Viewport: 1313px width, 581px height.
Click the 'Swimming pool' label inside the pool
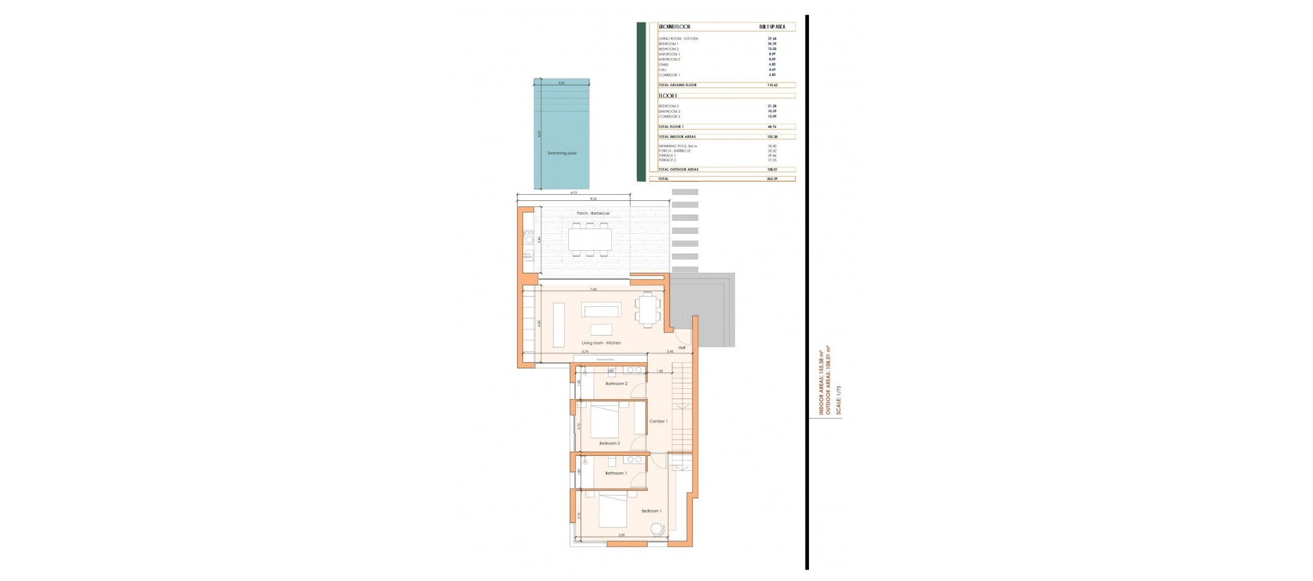[561, 153]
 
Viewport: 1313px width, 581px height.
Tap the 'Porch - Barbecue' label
[592, 213]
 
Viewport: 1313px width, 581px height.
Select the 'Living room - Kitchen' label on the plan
[601, 342]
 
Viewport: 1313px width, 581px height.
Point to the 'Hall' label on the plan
[682, 348]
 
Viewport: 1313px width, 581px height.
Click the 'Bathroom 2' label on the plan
[615, 383]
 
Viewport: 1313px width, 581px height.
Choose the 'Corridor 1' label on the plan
[658, 421]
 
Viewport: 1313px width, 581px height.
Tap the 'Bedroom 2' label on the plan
[609, 443]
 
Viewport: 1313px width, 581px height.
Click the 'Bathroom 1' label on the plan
[615, 473]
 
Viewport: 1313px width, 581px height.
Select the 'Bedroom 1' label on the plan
[651, 511]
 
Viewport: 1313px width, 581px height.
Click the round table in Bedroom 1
[657, 528]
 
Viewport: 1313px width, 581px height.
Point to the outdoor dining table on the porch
[590, 239]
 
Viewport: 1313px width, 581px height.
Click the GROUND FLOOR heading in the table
[674, 27]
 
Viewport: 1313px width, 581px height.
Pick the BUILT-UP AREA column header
[772, 27]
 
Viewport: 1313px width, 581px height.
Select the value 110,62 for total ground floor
[772, 85]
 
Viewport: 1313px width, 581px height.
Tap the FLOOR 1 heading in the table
[667, 96]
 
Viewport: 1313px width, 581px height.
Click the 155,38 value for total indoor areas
[772, 137]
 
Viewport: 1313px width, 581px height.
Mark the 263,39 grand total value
[772, 179]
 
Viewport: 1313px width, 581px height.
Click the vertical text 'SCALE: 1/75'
[838, 401]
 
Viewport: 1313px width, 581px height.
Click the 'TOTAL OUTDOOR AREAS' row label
[678, 170]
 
